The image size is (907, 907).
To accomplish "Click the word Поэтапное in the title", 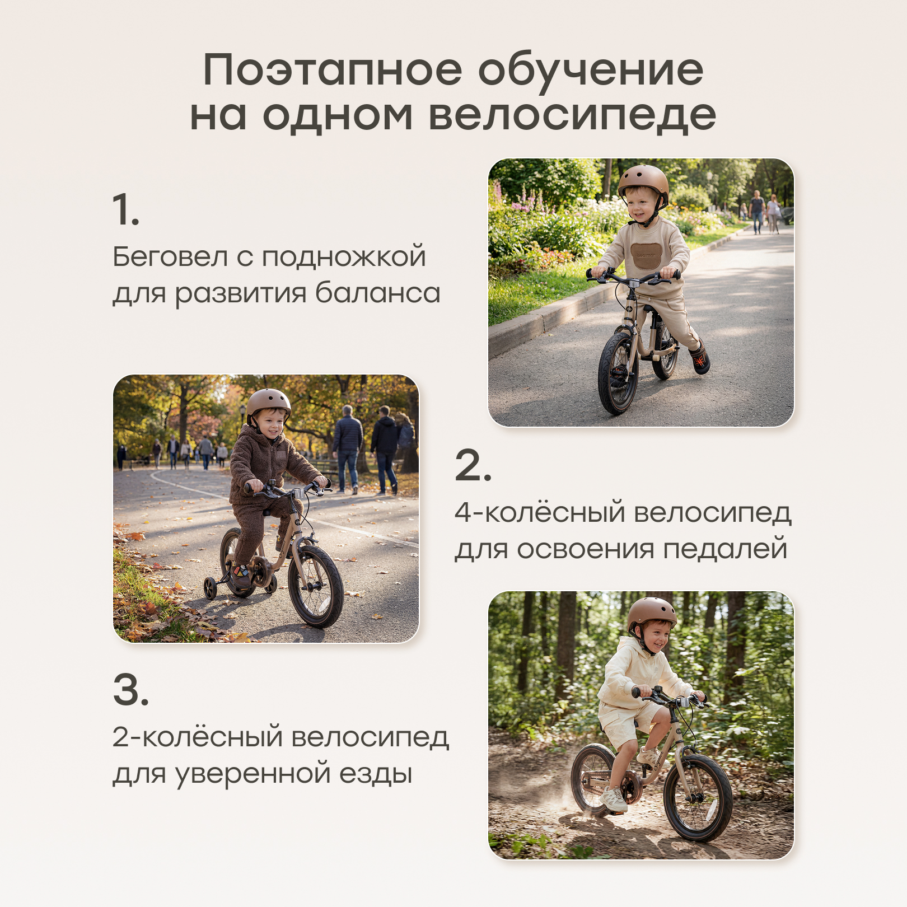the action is (x=333, y=71).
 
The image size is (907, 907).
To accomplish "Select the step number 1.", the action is (x=125, y=210).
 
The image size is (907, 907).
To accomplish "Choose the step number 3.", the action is (x=131, y=689).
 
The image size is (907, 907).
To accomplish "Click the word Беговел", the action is (x=170, y=257).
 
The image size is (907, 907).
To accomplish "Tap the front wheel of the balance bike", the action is (x=618, y=373).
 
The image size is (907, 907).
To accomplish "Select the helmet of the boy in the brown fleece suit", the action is (x=269, y=404).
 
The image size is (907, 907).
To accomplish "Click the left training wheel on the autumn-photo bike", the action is (x=211, y=588).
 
